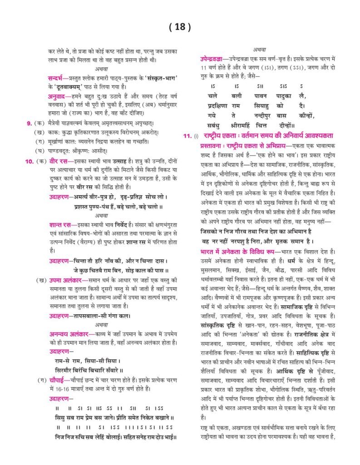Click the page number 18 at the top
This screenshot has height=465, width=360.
click(180, 27)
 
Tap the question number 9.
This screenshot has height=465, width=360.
click(29, 123)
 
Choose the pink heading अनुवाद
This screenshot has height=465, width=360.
click(58, 96)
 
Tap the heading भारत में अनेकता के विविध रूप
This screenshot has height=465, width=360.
click(239, 251)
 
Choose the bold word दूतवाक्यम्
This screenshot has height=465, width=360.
click(72, 87)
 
